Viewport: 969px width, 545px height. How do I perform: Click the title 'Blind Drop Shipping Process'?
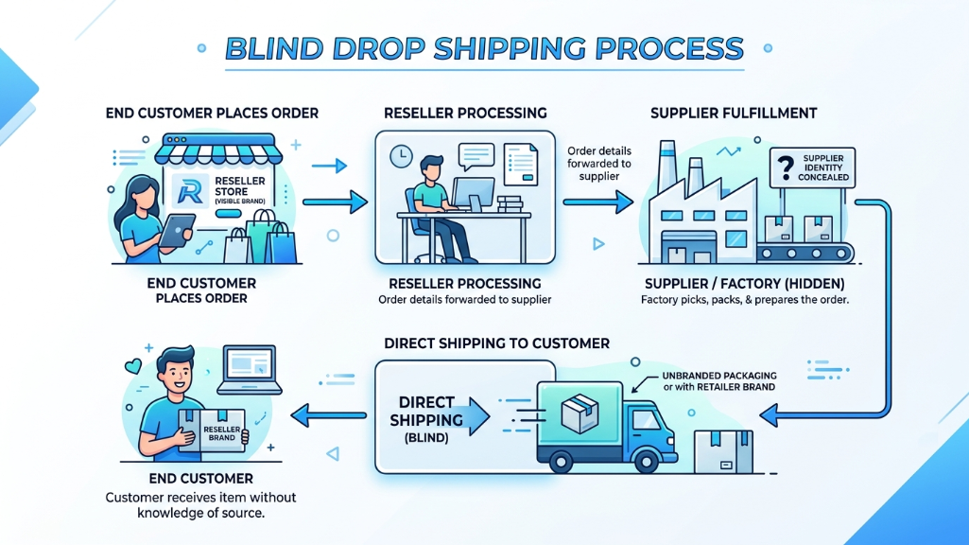pyautogui.click(x=484, y=48)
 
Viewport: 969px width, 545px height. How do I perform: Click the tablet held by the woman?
pyautogui.click(x=176, y=230)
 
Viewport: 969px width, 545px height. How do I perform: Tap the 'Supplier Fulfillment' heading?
pyautogui.click(x=734, y=114)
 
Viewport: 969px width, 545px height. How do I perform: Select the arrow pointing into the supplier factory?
pyautogui.click(x=597, y=201)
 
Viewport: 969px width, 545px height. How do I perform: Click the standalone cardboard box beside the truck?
pyautogui.click(x=722, y=451)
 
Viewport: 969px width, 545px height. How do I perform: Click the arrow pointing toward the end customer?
pyautogui.click(x=327, y=413)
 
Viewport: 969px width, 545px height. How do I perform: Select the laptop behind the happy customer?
pyautogui.click(x=251, y=370)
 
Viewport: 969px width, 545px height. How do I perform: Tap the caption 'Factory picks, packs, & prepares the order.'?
pyautogui.click(x=744, y=300)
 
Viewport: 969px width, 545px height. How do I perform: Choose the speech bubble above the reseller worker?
pyautogui.click(x=475, y=154)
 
